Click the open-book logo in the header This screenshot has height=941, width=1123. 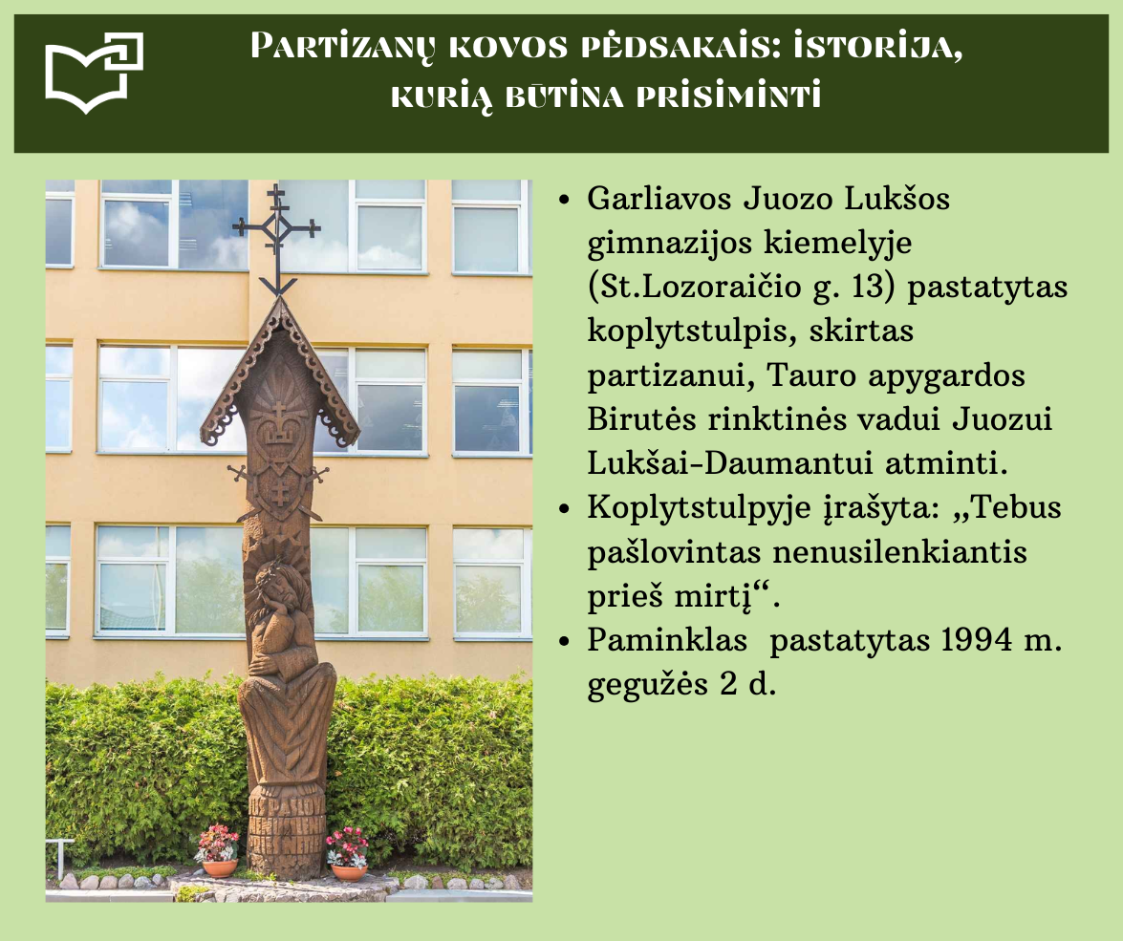click(94, 73)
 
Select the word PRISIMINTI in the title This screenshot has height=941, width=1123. click(728, 96)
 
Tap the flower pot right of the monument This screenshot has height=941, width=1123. click(349, 871)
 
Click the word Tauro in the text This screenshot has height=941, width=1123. click(810, 375)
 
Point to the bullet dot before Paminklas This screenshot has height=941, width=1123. click(564, 642)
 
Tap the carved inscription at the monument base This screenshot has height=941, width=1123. click(286, 823)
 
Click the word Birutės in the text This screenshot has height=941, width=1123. click(641, 419)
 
